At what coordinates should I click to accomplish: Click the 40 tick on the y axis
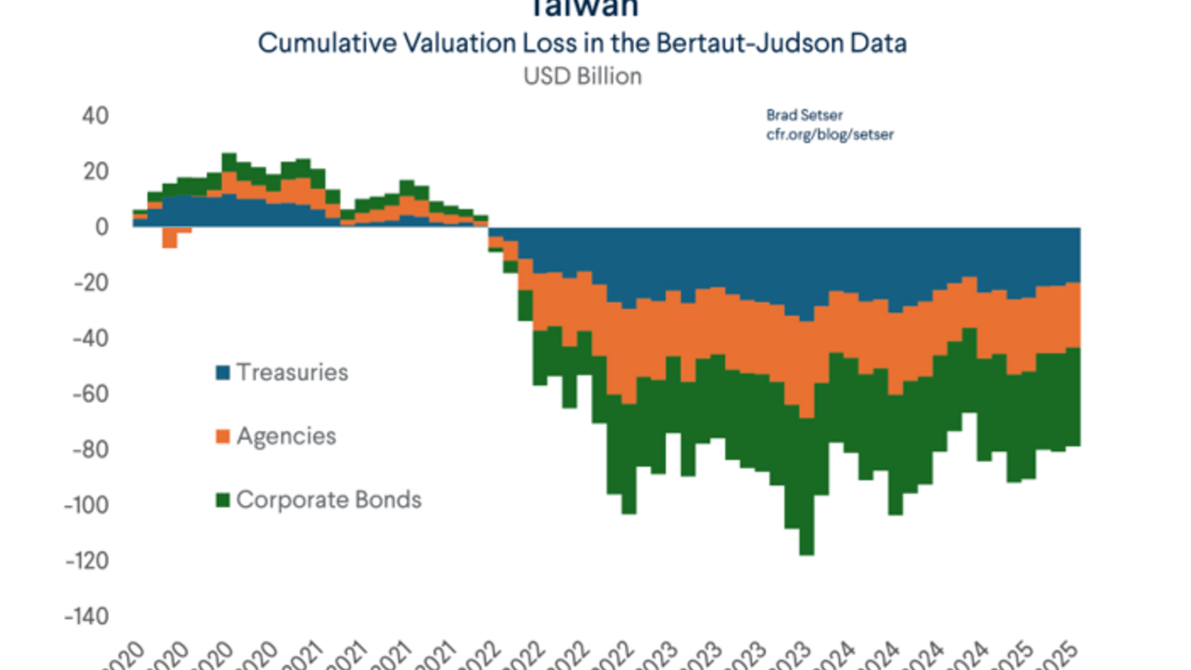coord(95,116)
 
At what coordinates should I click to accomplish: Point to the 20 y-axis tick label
coord(96,172)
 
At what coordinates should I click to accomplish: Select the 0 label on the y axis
coord(102,227)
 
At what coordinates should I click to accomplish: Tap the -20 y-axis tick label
coord(91,283)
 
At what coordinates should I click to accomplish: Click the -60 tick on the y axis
coord(91,394)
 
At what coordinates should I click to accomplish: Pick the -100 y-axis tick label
coord(86,505)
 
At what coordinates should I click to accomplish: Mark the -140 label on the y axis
coord(86,616)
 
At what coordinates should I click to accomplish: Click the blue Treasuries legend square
coord(223,372)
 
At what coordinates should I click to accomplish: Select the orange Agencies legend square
coord(223,436)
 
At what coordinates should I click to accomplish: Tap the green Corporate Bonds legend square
coord(223,500)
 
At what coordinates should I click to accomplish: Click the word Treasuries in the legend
coord(293,372)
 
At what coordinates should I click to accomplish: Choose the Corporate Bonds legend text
coord(329,500)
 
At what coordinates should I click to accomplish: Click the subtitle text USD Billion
coord(582,77)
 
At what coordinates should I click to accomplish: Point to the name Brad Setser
coord(804,115)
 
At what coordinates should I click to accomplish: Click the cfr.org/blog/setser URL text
coord(829,135)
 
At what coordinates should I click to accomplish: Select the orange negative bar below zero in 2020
coord(170,237)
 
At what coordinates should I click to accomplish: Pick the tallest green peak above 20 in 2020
coord(229,158)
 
